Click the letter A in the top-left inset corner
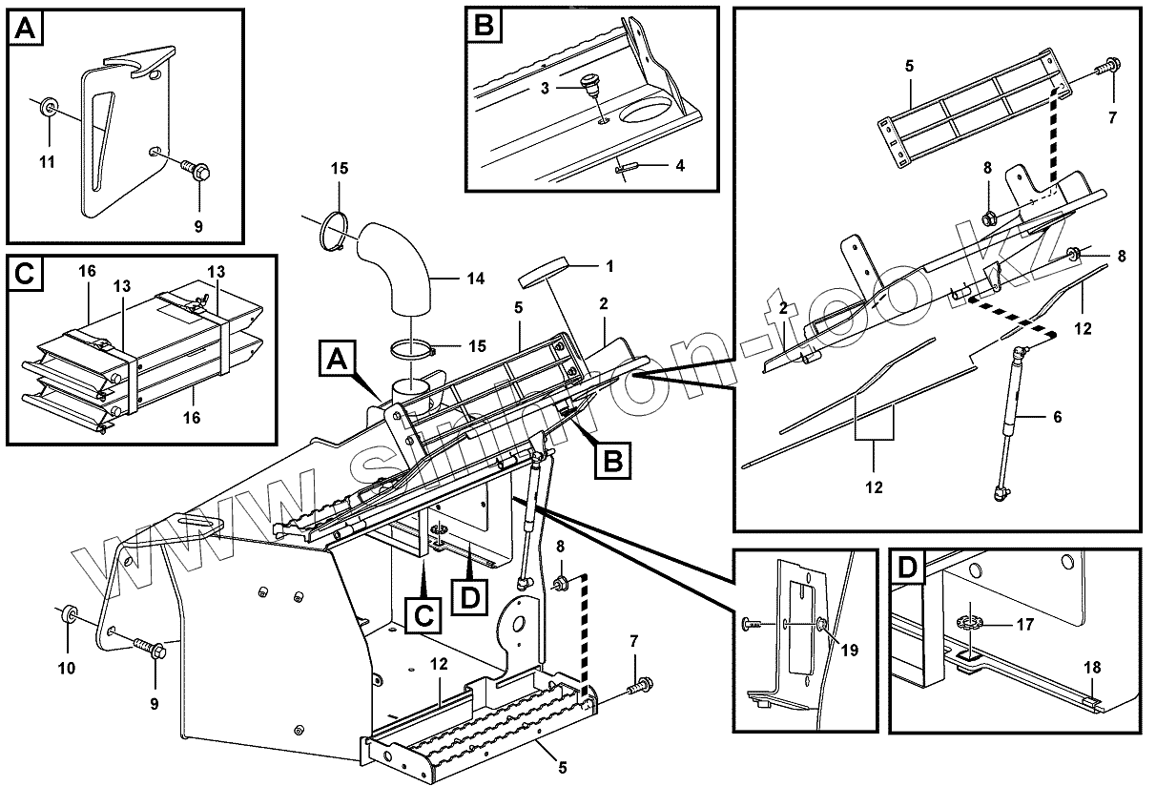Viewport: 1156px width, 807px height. (27, 30)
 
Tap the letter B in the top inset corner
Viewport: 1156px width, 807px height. (484, 26)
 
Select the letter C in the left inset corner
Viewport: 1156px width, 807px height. (26, 274)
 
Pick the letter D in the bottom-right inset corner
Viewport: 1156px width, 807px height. (908, 569)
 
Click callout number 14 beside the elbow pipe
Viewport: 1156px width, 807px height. (476, 279)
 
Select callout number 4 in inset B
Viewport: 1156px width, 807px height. (679, 164)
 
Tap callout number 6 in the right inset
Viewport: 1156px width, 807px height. (1056, 417)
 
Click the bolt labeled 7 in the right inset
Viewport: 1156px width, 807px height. (1109, 69)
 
